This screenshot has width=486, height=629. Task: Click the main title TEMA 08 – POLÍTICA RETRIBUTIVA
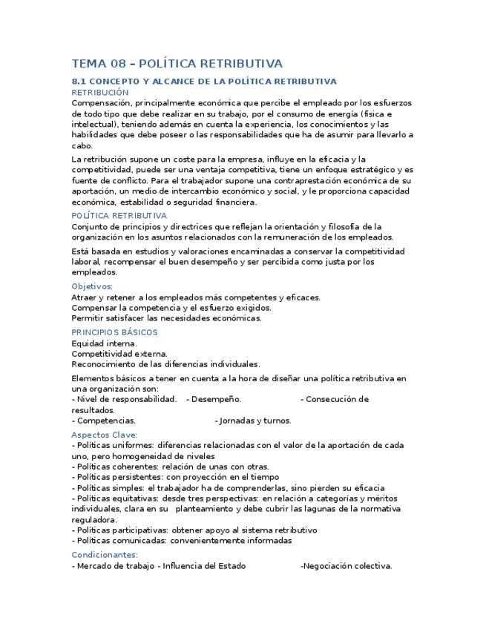[x=177, y=64]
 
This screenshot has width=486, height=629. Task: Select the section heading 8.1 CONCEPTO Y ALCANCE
[x=204, y=81]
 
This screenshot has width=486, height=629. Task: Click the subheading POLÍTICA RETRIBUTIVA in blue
[x=119, y=216]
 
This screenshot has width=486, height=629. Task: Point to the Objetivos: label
[x=92, y=286]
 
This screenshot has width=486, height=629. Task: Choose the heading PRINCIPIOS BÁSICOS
[x=114, y=332]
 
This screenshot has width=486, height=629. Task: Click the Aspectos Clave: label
[x=104, y=435]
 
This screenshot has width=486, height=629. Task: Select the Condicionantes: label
[x=105, y=555]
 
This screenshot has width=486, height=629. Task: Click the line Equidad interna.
[x=104, y=343]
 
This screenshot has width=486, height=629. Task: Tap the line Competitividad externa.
[x=119, y=354]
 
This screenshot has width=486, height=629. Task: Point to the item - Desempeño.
[x=214, y=399]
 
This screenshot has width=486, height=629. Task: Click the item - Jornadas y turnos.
[x=253, y=421]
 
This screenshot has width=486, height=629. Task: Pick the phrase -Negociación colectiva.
[x=346, y=566]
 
